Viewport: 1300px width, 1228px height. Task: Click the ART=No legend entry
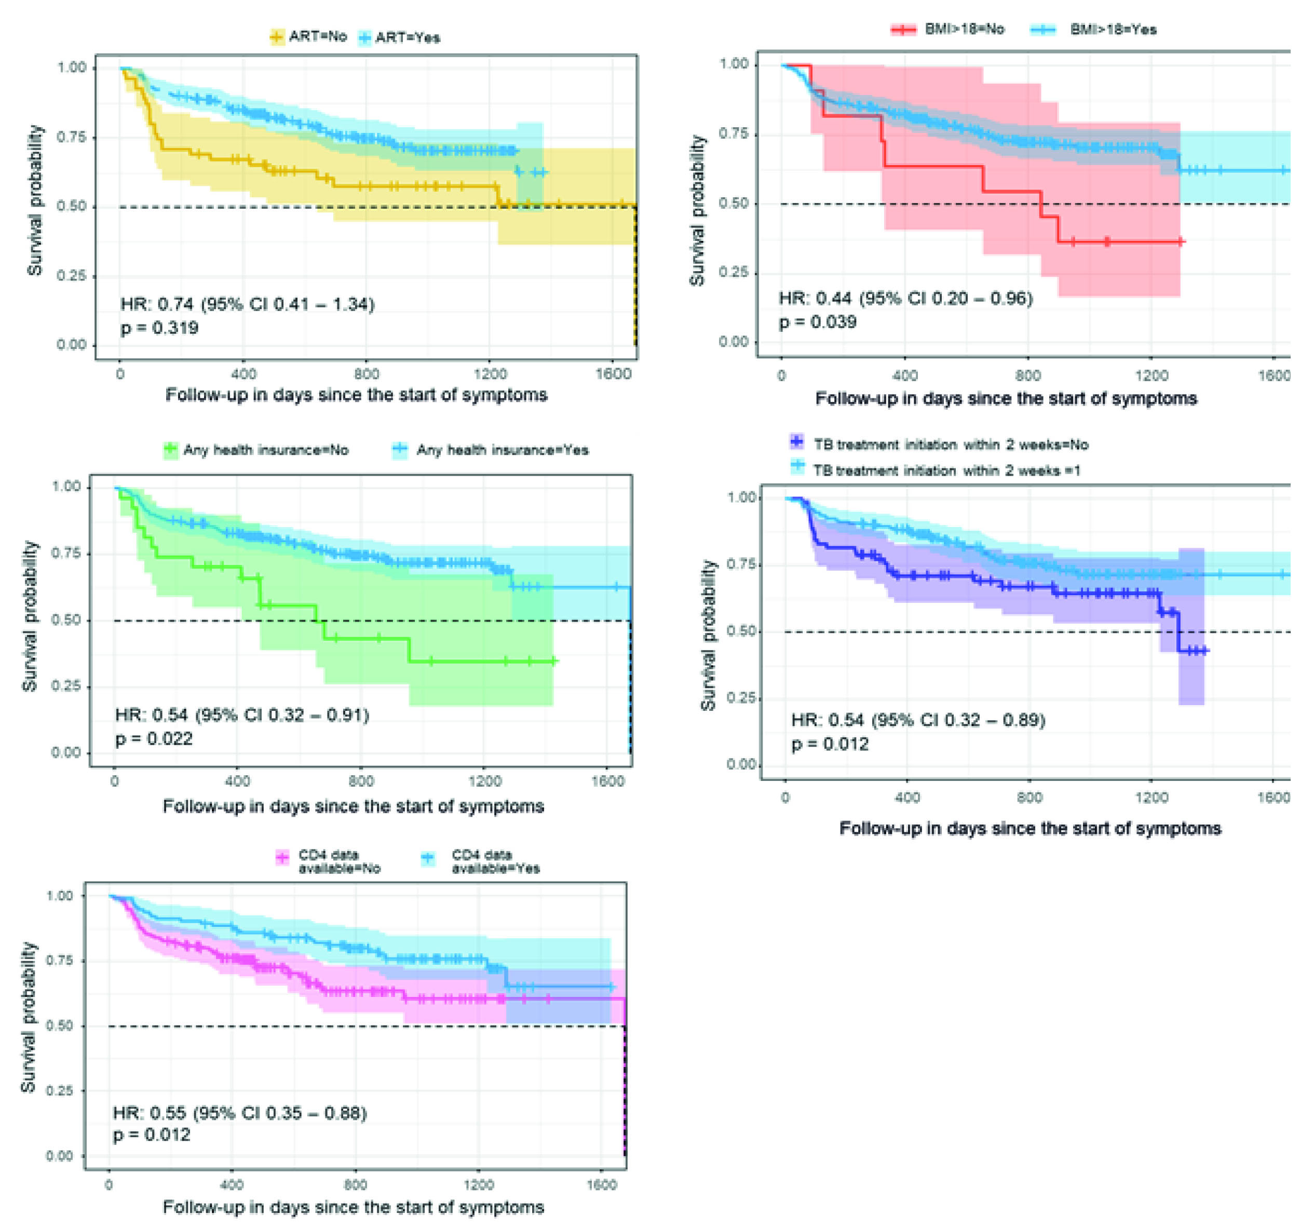click(308, 37)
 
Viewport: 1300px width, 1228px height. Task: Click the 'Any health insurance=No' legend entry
click(256, 450)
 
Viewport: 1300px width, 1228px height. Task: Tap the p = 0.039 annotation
click(818, 322)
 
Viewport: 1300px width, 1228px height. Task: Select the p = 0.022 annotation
click(154, 739)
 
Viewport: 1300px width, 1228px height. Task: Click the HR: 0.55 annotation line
click(239, 1113)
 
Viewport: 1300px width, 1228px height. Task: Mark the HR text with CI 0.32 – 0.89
click(918, 720)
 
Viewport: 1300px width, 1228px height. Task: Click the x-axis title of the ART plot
click(356, 395)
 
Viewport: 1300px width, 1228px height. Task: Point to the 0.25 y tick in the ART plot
click(71, 276)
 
